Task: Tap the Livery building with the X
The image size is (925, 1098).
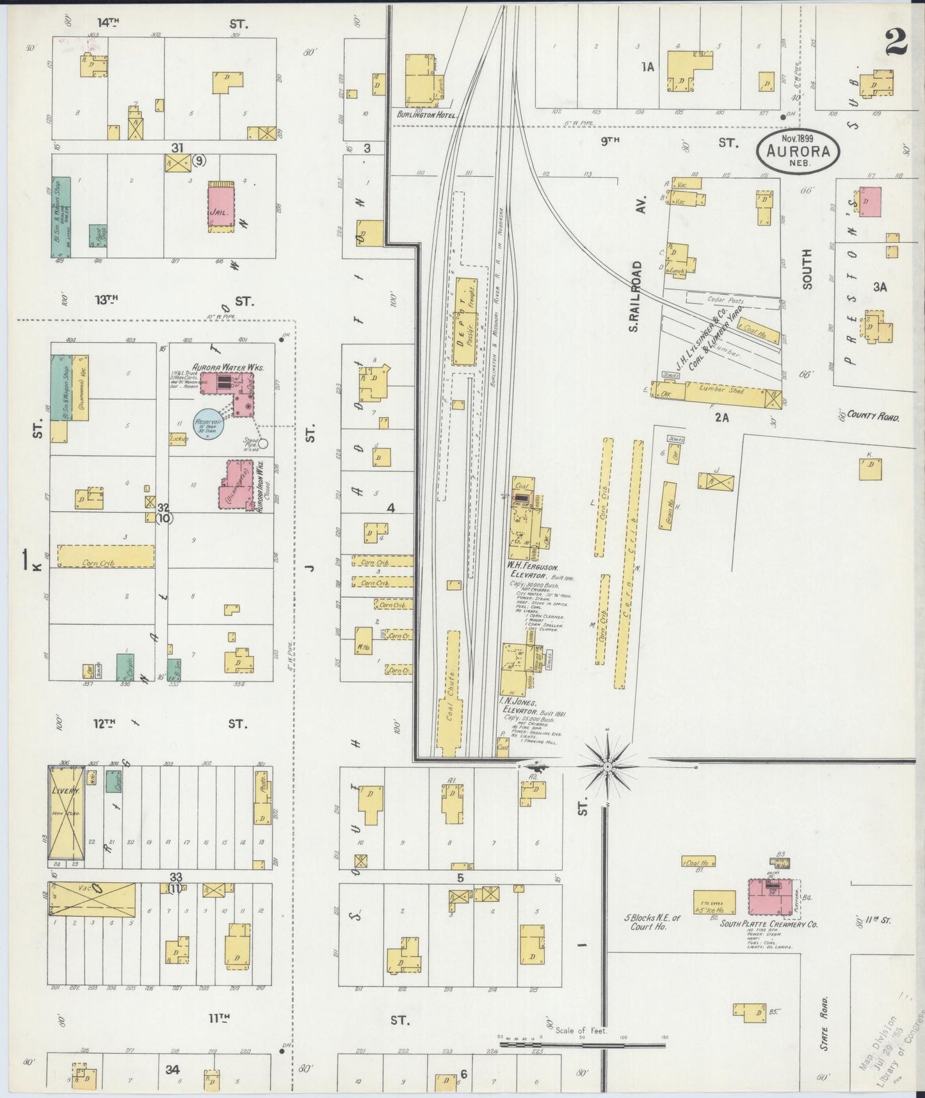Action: pos(66,812)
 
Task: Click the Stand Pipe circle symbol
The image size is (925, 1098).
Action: pos(262,443)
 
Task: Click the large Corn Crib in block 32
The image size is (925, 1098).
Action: pos(106,555)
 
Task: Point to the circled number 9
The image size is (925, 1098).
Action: pos(200,161)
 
